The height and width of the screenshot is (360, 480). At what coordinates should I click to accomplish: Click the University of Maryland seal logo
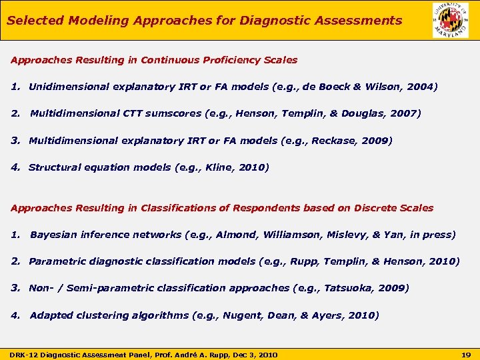coord(450,20)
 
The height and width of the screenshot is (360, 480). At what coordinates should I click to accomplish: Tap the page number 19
coord(467,354)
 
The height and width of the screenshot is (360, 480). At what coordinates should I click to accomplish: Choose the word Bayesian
coord(53,235)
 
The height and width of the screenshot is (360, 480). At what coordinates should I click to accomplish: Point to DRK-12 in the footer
coord(23,354)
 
